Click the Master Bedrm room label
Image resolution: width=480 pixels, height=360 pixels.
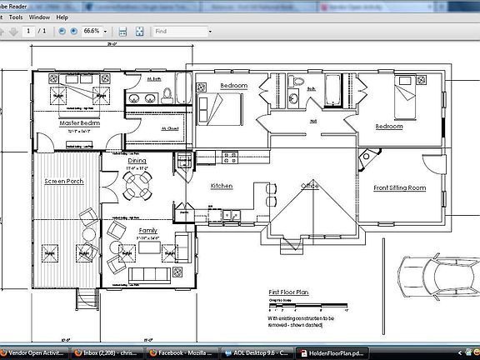click(x=79, y=123)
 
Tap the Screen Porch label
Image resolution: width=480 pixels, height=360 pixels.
click(x=63, y=181)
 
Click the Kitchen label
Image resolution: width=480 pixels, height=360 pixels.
click(x=222, y=186)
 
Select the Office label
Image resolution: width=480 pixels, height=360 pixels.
click(x=310, y=186)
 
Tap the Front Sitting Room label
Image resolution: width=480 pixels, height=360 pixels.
click(x=399, y=188)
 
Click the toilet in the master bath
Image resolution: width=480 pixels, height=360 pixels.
click(x=166, y=93)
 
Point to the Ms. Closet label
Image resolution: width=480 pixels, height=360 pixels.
click(x=170, y=128)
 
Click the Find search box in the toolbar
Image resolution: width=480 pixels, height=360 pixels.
click(x=182, y=31)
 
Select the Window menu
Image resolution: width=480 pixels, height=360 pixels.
click(x=38, y=17)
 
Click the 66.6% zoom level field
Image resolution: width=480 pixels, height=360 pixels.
click(x=92, y=31)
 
